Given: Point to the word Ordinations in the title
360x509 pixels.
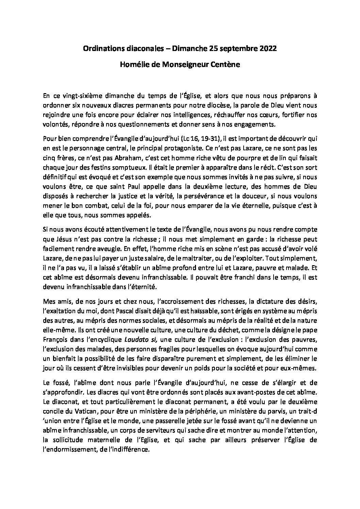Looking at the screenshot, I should tap(101, 49).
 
